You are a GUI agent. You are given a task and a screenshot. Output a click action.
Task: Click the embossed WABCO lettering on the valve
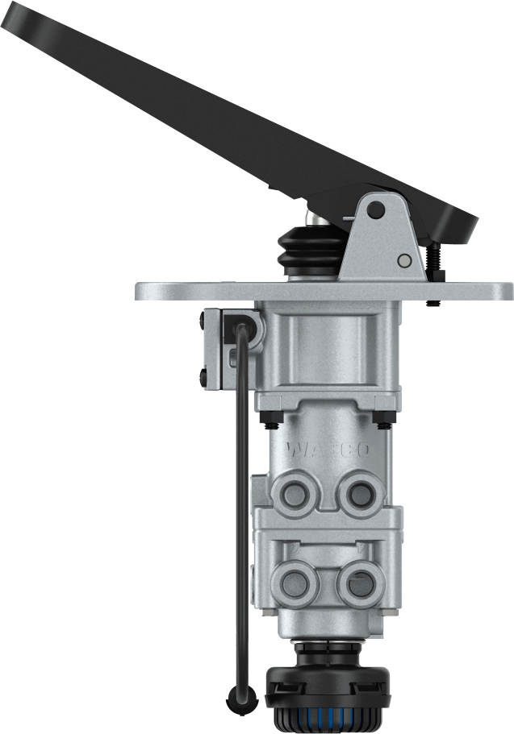pos(327,449)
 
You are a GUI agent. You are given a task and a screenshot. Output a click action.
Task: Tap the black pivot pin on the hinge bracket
pos(374,210)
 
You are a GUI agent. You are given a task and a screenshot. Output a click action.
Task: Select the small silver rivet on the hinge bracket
pos(404,260)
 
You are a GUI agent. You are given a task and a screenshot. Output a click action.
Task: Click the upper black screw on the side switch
pos(201,325)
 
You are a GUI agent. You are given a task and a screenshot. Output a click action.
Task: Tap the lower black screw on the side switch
pos(201,374)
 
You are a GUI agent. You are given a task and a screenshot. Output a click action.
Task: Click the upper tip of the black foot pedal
pos(16,16)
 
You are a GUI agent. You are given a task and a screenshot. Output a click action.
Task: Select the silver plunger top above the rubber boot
pos(317,218)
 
